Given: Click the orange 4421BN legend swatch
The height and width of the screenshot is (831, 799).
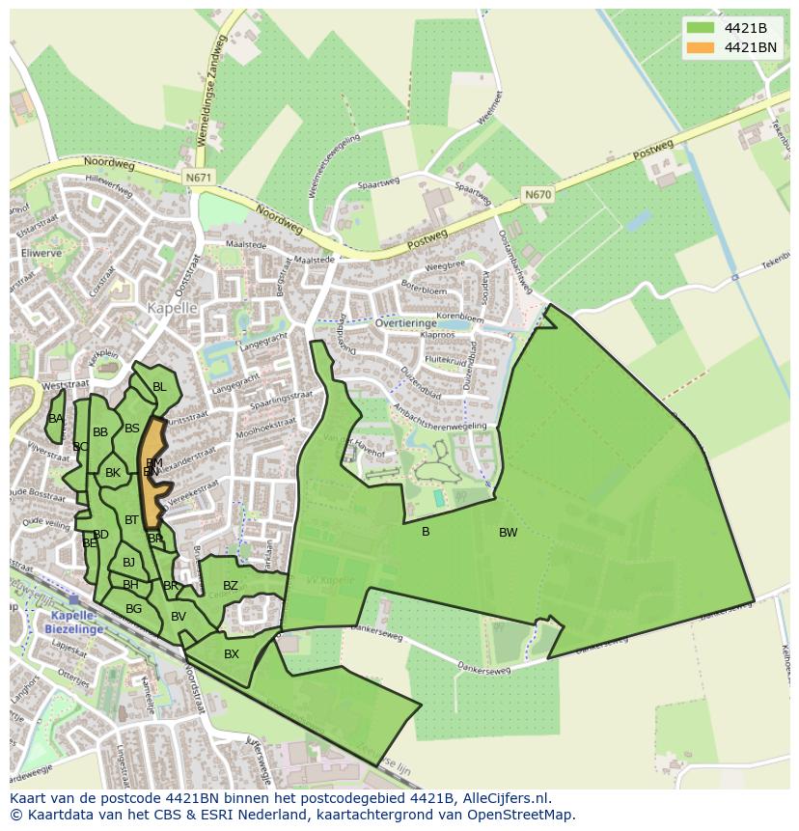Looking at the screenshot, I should pyautogui.click(x=702, y=47).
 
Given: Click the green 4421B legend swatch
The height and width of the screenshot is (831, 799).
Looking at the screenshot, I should pyautogui.click(x=702, y=27).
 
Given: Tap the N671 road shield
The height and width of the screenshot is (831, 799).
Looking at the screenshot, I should pyautogui.click(x=198, y=178).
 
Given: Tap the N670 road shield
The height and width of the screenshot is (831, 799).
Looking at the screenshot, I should pyautogui.click(x=537, y=194).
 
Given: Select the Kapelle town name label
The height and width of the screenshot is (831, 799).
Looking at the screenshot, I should pyautogui.click(x=172, y=308).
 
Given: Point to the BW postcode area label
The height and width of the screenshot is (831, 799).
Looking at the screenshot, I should pyautogui.click(x=508, y=533).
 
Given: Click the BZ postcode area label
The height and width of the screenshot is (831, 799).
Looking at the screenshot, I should pyautogui.click(x=230, y=586).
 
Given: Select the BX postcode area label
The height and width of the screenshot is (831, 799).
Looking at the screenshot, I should pyautogui.click(x=231, y=653).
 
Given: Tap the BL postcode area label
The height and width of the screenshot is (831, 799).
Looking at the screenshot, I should pyautogui.click(x=159, y=387).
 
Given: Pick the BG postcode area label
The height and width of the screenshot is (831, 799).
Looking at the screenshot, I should pyautogui.click(x=133, y=608).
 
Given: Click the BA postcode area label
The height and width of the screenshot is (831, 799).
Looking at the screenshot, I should pyautogui.click(x=56, y=418).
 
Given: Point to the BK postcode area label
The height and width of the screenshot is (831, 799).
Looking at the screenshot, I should pyautogui.click(x=113, y=473).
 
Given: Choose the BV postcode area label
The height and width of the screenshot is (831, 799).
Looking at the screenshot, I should pyautogui.click(x=178, y=617).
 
